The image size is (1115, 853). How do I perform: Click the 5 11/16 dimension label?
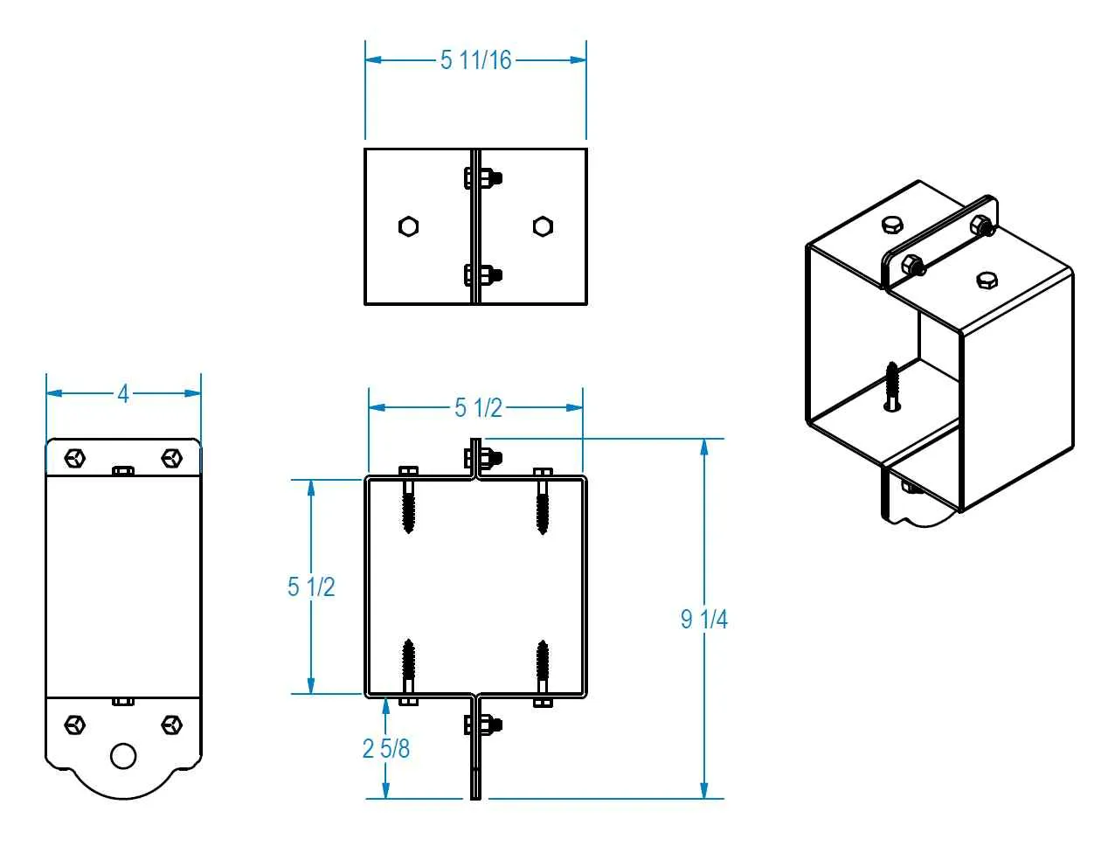(x=475, y=60)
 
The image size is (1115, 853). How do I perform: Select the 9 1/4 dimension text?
(x=704, y=619)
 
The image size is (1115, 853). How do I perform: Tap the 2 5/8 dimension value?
(x=386, y=748)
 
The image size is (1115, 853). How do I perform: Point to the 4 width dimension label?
(x=123, y=394)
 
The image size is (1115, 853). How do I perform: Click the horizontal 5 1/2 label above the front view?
(x=478, y=407)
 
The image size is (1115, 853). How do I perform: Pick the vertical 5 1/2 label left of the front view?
(x=311, y=586)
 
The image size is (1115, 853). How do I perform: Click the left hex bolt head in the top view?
(x=408, y=226)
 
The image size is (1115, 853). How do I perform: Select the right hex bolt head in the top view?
(x=543, y=226)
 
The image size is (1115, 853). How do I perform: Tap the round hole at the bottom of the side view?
(x=123, y=755)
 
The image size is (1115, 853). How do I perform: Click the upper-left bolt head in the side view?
(x=76, y=457)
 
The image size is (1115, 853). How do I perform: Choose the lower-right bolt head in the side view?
(x=171, y=724)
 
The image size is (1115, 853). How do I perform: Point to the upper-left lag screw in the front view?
(x=408, y=503)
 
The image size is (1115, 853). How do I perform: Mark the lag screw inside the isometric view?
(x=891, y=385)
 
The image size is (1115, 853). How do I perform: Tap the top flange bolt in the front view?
(x=482, y=457)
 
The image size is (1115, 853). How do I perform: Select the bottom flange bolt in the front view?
(x=482, y=725)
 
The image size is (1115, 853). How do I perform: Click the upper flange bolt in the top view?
(x=482, y=178)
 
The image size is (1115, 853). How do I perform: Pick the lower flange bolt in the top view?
(x=482, y=275)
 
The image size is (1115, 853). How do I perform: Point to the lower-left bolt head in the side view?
(x=76, y=724)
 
